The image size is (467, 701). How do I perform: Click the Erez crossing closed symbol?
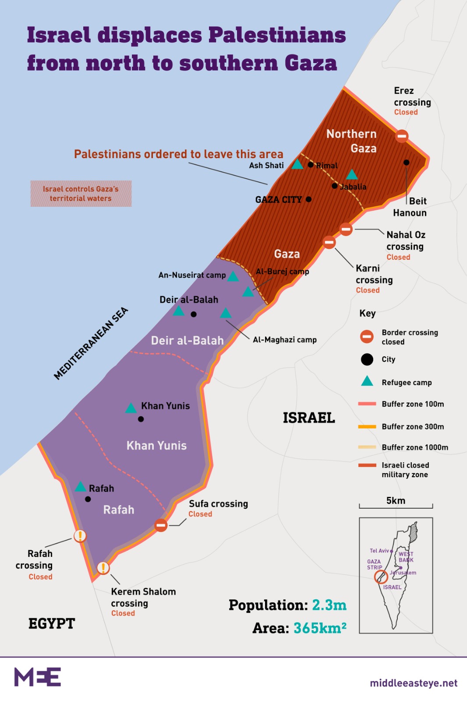point(402,136)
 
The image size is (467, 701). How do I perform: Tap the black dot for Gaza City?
point(308,199)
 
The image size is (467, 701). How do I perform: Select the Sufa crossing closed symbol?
point(161,525)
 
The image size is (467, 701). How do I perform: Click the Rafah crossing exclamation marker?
point(80,535)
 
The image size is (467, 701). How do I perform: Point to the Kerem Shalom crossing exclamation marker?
point(103,568)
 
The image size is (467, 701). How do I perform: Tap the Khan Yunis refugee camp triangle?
point(131,408)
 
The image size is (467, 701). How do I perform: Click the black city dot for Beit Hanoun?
point(407,163)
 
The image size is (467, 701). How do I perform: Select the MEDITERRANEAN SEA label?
point(91,343)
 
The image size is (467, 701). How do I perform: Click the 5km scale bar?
point(396,506)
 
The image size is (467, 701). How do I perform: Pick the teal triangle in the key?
point(367,381)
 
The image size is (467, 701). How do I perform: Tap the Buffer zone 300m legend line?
point(367,426)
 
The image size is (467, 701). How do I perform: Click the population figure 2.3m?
point(329,605)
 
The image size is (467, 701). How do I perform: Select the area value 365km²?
point(320,628)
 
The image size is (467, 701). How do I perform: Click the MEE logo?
point(38,677)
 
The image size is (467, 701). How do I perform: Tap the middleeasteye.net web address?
point(414,683)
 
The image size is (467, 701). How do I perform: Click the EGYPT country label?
point(52,623)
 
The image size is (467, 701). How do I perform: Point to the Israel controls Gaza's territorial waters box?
point(81,194)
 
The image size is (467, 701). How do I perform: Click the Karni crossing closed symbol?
point(329,242)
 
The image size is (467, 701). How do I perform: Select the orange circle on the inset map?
point(381,577)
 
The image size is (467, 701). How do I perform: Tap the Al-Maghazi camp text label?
point(284,340)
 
